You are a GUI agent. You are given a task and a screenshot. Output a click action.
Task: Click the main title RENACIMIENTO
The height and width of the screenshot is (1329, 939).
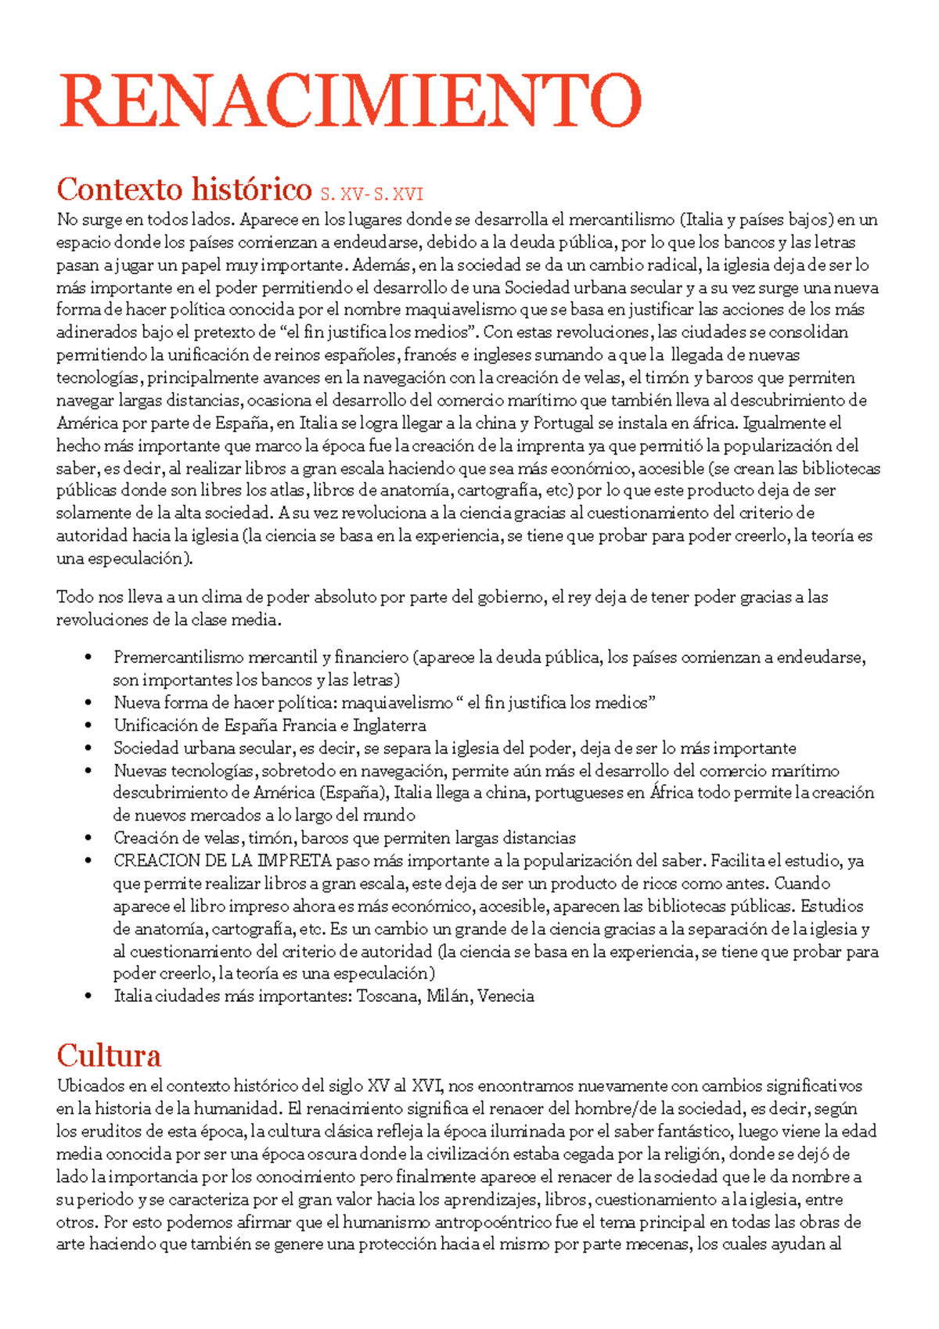tap(351, 101)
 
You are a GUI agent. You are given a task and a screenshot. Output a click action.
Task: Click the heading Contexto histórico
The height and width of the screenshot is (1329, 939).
tap(184, 189)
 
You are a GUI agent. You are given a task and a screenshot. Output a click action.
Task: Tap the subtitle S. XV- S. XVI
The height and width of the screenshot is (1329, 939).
tap(372, 193)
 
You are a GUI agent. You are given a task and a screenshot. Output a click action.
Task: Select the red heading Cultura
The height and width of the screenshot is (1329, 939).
tap(109, 1056)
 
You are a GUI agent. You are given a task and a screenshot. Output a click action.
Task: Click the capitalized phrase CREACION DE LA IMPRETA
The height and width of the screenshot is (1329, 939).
tap(222, 861)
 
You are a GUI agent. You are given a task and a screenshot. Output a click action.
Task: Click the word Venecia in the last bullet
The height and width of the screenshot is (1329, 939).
tap(505, 996)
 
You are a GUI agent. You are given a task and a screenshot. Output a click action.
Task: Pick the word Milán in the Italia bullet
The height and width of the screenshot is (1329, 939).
tap(448, 996)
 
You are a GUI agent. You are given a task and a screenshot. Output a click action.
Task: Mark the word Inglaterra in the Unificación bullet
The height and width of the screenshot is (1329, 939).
tap(389, 726)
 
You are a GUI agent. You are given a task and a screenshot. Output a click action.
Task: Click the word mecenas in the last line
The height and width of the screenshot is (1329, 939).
tap(660, 1244)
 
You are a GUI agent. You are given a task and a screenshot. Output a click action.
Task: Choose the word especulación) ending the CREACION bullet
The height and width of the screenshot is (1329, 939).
tap(383, 974)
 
